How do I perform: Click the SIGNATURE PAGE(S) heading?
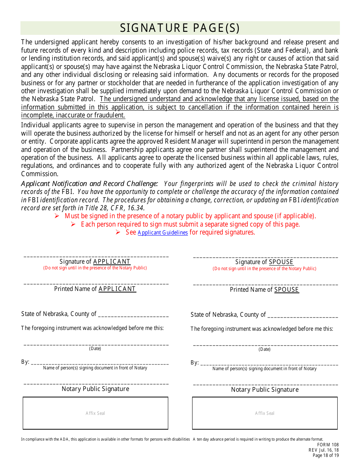tap(180, 28)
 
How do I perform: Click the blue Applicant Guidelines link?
tap(163, 233)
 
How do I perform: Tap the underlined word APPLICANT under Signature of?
tap(112, 261)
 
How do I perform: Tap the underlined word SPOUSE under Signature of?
tap(281, 262)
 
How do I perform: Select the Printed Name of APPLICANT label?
tap(95, 289)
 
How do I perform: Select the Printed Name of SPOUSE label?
tap(265, 289)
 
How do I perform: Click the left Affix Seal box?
tap(95, 413)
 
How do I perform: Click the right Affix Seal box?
tap(265, 413)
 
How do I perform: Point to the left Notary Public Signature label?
tap(95, 389)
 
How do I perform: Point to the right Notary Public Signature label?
tap(265, 389)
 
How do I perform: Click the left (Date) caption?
tap(95, 349)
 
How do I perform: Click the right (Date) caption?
tap(265, 349)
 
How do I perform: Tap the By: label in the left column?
tap(25, 362)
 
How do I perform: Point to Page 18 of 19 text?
tap(326, 455)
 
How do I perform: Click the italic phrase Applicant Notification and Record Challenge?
tap(89, 184)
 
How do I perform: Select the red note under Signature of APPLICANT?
tap(95, 268)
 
